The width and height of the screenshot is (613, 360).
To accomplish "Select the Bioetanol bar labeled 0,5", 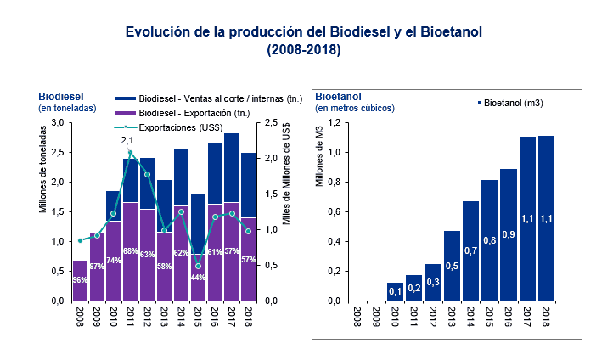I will click(453, 266).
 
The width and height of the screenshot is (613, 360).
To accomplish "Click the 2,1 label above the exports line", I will click(128, 140).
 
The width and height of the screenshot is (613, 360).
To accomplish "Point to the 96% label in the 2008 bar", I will click(80, 280).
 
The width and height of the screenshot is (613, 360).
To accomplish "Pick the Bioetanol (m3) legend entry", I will click(509, 103).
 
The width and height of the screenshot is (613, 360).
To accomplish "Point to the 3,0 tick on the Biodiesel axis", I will click(57, 123).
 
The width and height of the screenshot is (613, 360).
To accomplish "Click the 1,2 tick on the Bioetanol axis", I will click(335, 123).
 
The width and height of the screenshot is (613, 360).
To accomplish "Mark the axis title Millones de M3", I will click(320, 158).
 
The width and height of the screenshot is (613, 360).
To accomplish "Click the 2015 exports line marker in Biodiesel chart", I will click(198, 266).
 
